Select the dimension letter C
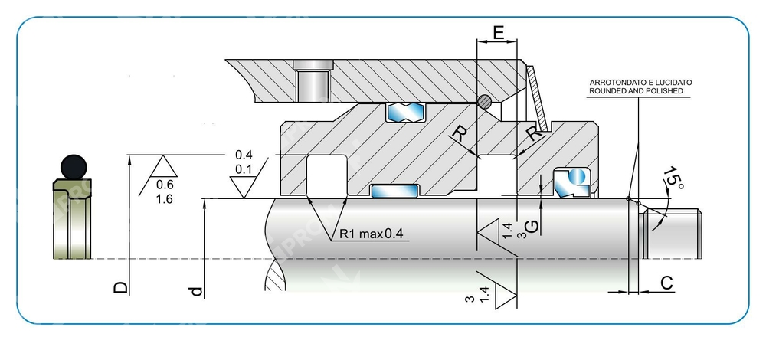[666, 283]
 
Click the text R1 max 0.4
[371, 234]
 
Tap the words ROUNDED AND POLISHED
[635, 90]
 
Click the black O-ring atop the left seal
[73, 166]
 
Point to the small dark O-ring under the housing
[484, 100]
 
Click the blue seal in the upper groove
[405, 113]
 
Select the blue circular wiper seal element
[575, 178]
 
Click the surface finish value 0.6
[164, 185]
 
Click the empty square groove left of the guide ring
[326, 175]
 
